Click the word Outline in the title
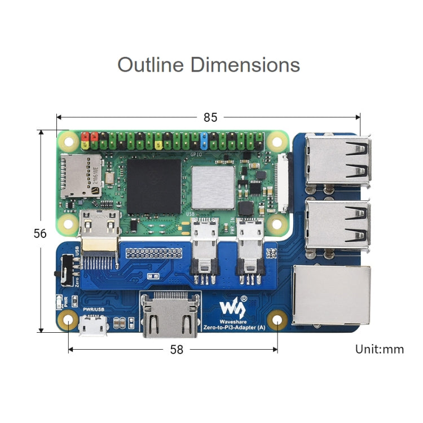tap(151, 64)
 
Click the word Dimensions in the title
tap(245, 64)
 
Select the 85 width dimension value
tap(210, 117)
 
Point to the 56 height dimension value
tap(40, 233)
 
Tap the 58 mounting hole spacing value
tap(177, 350)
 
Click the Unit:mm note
tap(379, 349)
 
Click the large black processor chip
tap(153, 186)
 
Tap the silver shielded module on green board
tap(213, 187)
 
